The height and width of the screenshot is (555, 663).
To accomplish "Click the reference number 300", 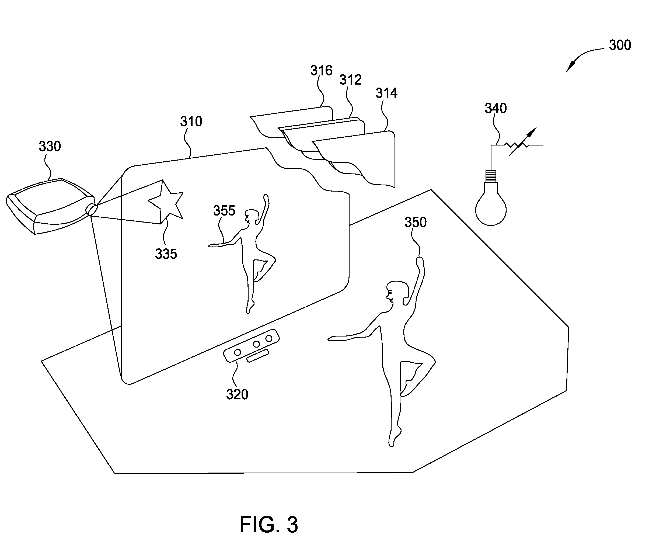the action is tap(620, 45).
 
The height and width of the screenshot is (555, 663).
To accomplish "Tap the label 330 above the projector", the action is tap(50, 146).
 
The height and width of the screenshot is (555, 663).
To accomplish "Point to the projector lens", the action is tap(92, 209).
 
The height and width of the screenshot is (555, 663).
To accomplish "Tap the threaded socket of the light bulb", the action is tap(491, 176).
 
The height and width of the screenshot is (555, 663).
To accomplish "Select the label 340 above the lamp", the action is tap(496, 108).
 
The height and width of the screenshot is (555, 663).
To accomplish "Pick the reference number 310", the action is tap(191, 121).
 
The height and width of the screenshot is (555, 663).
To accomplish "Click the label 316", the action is tap(321, 70).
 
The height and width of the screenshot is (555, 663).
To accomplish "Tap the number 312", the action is tap(350, 80).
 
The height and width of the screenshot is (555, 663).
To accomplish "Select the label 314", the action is tap(386, 93).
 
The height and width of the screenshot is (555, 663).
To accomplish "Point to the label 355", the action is tap(224, 211).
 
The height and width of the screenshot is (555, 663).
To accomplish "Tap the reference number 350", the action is tap(416, 222).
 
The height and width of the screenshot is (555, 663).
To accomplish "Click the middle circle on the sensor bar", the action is tap(256, 344).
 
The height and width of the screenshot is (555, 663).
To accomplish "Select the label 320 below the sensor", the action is tap(237, 394).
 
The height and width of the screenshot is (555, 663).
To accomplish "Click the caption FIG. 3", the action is tap(269, 525).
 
